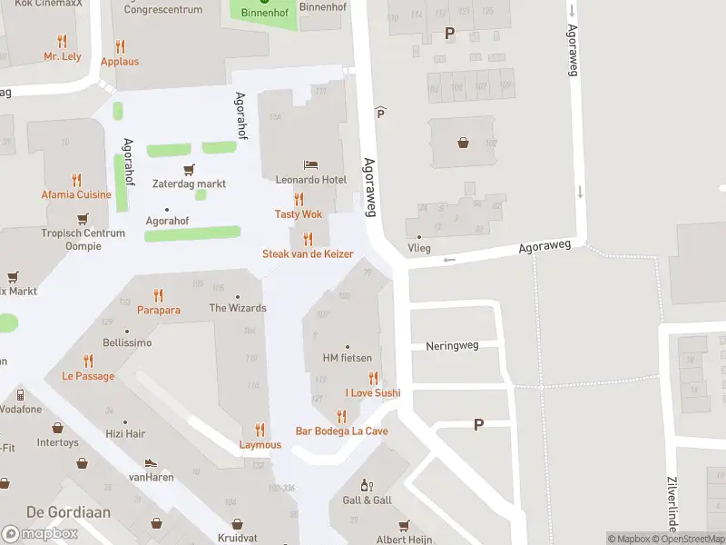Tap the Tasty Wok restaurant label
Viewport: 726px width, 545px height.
point(299,214)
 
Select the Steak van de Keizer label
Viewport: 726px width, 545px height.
point(308,254)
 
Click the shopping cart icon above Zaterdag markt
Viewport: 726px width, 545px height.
point(189,169)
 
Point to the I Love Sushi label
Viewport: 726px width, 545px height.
point(372,393)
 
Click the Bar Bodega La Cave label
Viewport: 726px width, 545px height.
point(341,431)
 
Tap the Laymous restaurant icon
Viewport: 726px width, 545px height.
point(260,430)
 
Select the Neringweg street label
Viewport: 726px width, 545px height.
point(451,346)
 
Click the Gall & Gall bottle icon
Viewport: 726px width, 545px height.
point(368,486)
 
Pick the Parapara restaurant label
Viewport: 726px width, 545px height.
point(159,310)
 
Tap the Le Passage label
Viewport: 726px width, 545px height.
point(88,376)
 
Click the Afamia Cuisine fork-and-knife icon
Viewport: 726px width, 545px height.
point(76,180)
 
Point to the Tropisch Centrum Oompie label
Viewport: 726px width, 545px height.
point(83,240)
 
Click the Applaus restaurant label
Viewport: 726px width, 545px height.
point(120,62)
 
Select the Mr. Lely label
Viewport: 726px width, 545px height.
point(62,56)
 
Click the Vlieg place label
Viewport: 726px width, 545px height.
point(419,248)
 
